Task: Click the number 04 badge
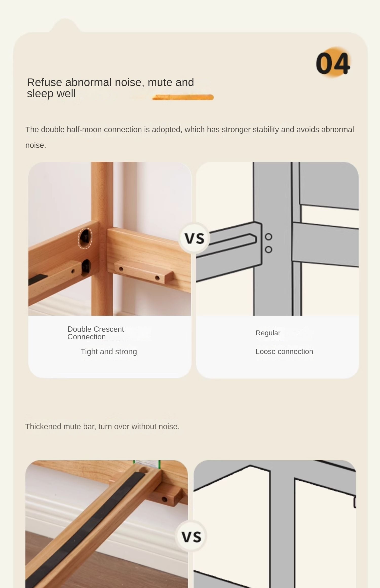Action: [333, 63]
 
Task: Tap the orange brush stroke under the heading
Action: [183, 97]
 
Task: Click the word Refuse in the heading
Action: [44, 83]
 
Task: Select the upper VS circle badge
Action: [194, 238]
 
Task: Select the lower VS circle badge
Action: [191, 536]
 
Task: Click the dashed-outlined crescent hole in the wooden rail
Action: [85, 238]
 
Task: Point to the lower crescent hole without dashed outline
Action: [86, 267]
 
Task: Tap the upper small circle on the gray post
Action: [269, 237]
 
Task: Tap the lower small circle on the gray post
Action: [269, 249]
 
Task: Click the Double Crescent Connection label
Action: [96, 333]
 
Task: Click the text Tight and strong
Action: [109, 351]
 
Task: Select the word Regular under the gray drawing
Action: [268, 333]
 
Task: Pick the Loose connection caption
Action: [284, 351]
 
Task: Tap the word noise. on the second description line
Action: [36, 145]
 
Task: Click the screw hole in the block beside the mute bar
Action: [164, 499]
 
